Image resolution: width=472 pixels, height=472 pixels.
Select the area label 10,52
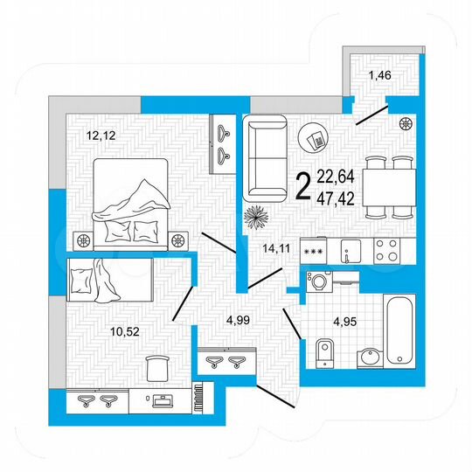99,330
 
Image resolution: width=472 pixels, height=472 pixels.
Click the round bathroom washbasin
370,357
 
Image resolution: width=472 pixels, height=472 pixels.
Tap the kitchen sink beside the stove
348,252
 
